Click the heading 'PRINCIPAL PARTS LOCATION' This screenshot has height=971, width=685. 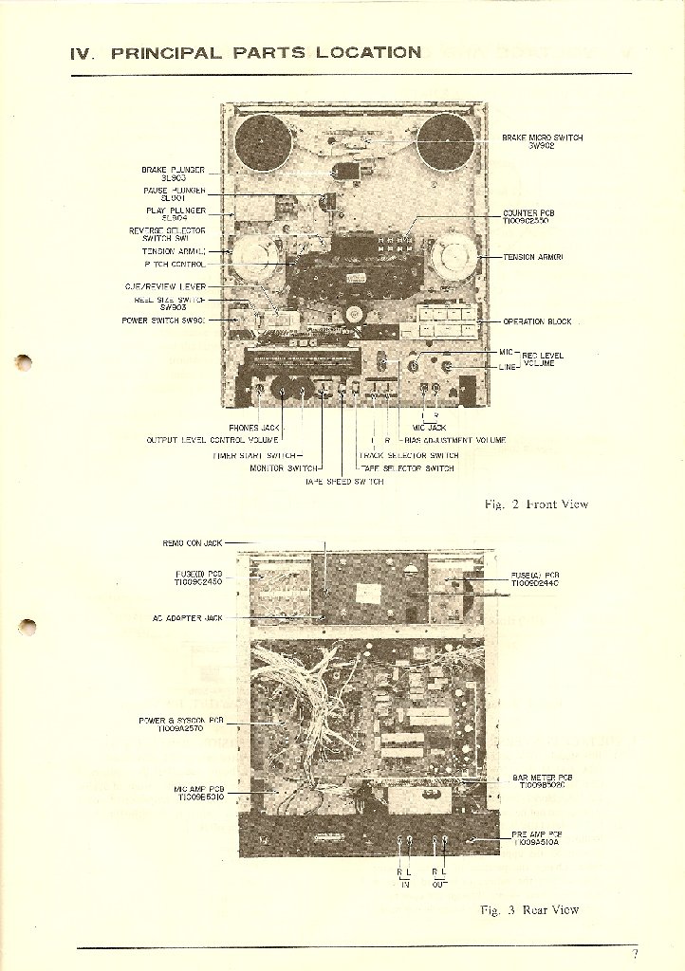pos(267,53)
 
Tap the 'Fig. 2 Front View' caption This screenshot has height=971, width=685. pos(536,504)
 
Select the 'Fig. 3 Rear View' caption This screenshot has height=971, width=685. pos(529,910)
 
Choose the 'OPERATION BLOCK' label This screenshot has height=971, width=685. pos(537,321)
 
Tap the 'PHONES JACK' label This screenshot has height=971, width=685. pos(256,428)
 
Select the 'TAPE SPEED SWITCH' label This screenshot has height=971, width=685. pos(344,482)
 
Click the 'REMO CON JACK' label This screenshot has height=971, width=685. pos(193,543)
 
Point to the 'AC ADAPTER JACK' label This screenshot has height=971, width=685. pos(187,617)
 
